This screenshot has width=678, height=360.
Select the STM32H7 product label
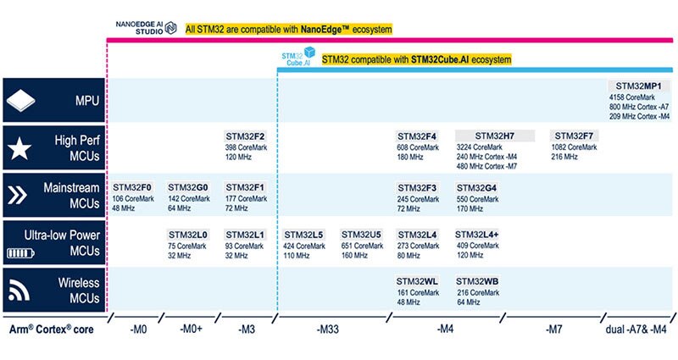tap(494, 136)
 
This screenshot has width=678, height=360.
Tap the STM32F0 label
tap(132, 187)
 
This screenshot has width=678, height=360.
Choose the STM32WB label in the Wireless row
tap(478, 281)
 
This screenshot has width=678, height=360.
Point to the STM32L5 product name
tap(304, 235)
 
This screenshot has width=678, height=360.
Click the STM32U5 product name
tap(361, 235)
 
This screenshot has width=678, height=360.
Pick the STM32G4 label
tap(478, 187)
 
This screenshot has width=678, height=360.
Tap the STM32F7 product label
tap(573, 136)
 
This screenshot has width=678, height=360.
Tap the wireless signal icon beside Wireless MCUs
tap(19, 291)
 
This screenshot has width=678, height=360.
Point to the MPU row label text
tap(86, 101)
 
